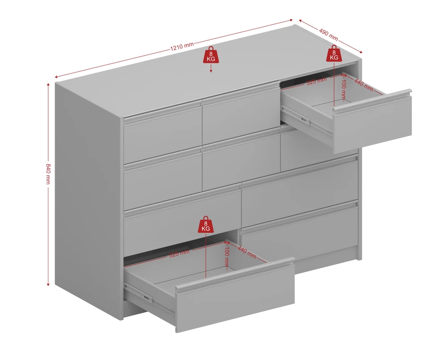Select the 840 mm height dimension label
point(48,174)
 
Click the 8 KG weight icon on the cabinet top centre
point(211,55)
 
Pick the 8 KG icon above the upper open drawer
point(334,53)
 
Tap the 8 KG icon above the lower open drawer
point(206,224)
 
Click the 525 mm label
point(179,253)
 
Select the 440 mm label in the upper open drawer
point(364,85)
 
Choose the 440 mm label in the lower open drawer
point(247,252)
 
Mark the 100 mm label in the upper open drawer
point(343,90)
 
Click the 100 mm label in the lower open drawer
point(227,259)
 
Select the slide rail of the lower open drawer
point(150,299)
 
